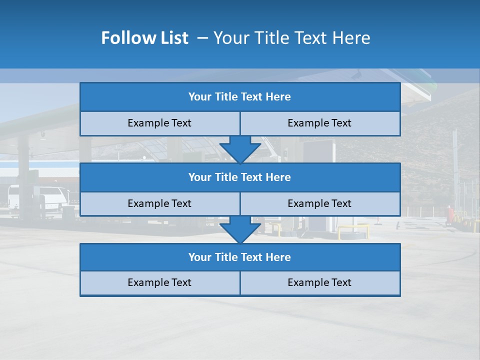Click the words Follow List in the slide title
(x=144, y=38)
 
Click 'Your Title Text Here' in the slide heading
(x=291, y=38)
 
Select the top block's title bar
(x=240, y=97)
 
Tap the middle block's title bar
(x=240, y=177)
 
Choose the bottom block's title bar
(x=240, y=257)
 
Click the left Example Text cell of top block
(x=160, y=123)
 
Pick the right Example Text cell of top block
(x=320, y=123)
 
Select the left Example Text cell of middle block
(x=160, y=204)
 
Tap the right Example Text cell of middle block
(x=320, y=204)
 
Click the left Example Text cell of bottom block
(x=160, y=283)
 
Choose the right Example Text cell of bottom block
(x=320, y=283)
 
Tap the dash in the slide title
(x=202, y=38)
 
